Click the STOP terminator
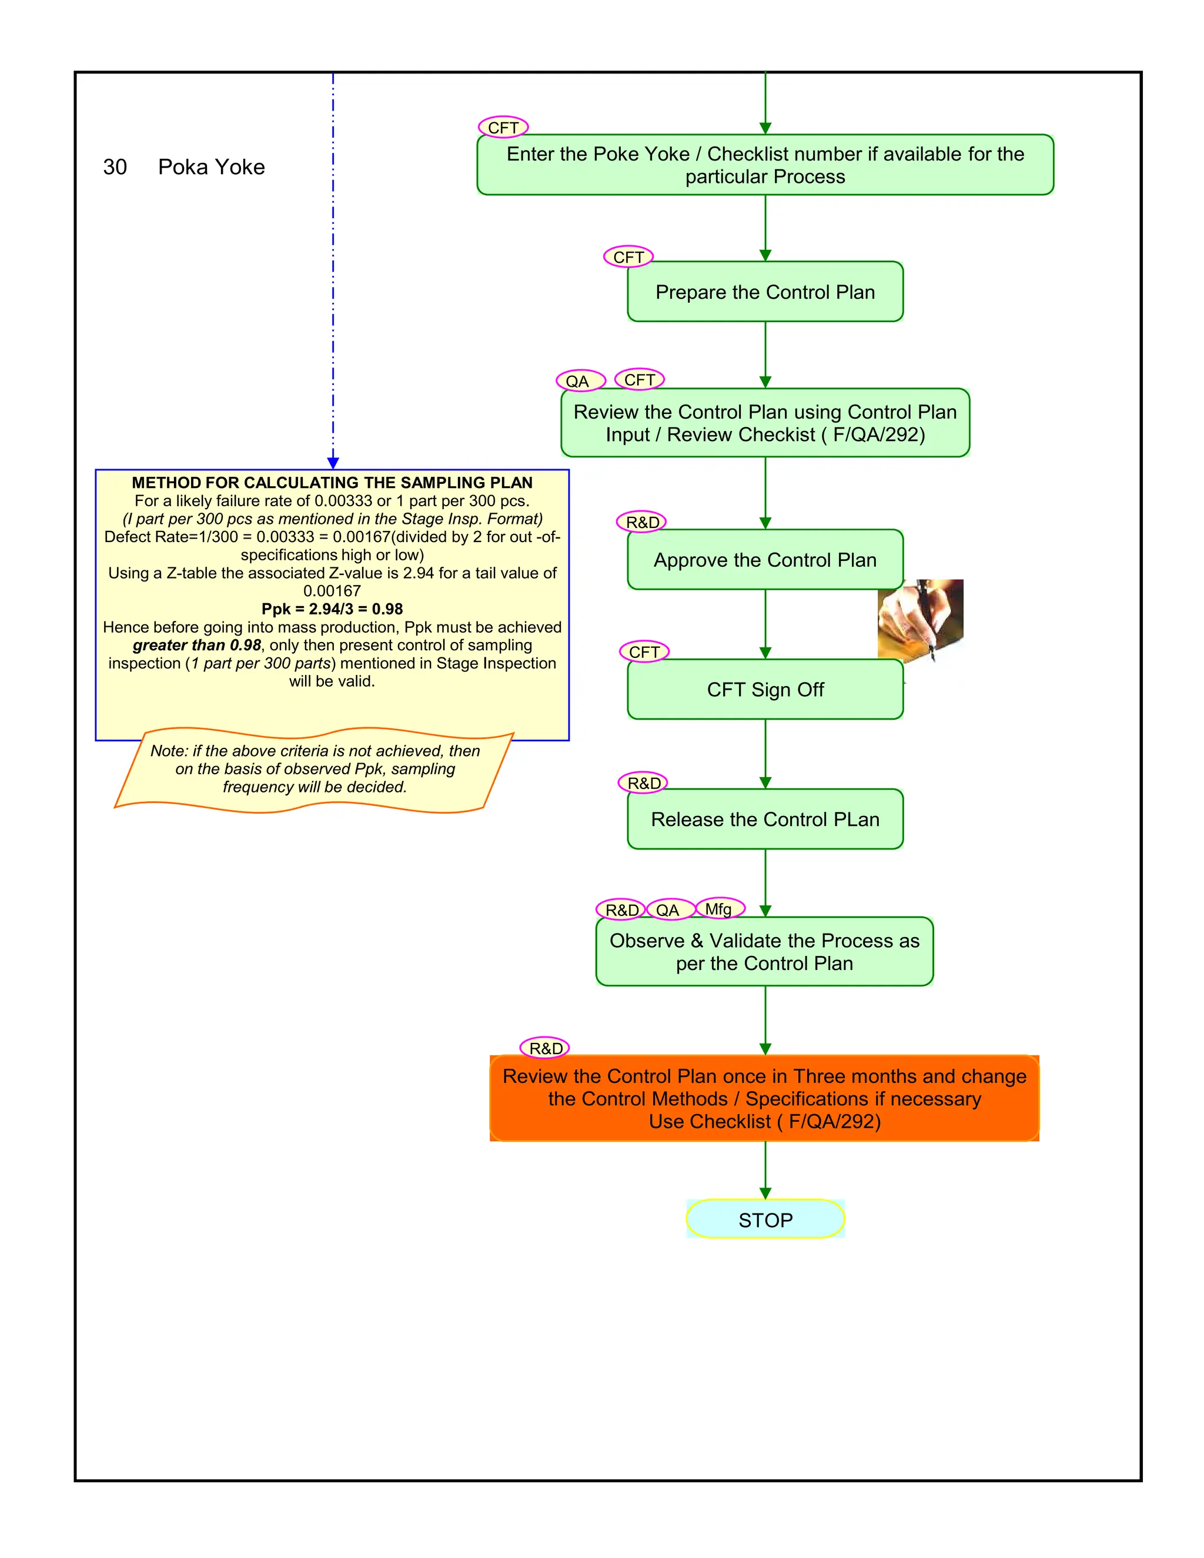(765, 1219)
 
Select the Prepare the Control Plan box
(765, 292)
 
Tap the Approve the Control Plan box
(765, 560)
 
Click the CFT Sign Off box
(765, 689)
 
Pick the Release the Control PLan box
(765, 819)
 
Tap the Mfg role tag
(719, 909)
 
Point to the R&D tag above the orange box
(545, 1048)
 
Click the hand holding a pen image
(920, 619)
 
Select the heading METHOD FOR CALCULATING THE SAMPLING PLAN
(332, 482)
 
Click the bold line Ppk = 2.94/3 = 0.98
(332, 609)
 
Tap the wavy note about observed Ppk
(314, 769)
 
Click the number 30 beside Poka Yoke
(115, 167)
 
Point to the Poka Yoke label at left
(211, 167)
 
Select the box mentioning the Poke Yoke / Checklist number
(765, 165)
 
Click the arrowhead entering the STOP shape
(765, 1193)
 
